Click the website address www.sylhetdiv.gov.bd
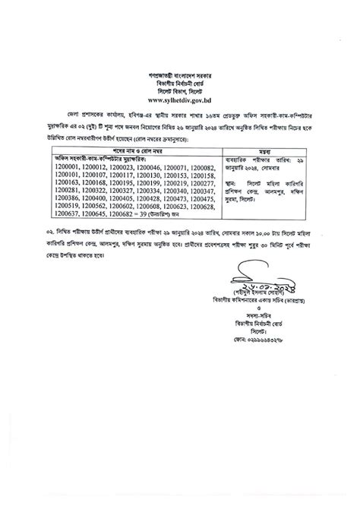coord(180,100)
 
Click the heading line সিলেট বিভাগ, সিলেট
coord(180,92)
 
